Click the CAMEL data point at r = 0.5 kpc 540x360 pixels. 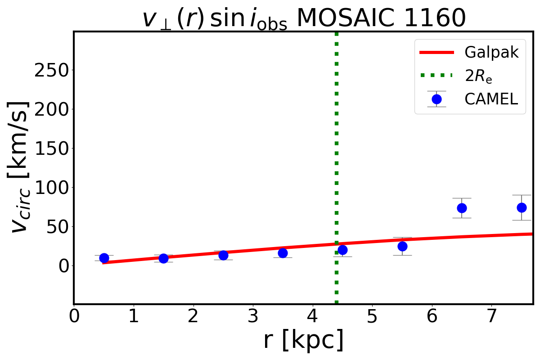(x=104, y=258)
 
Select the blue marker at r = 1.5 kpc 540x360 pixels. (x=163, y=258)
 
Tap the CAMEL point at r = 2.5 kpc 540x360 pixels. (x=223, y=255)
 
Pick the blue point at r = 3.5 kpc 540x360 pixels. (x=283, y=253)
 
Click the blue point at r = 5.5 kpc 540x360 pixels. (x=402, y=246)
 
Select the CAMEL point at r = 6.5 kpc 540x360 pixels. (x=462, y=208)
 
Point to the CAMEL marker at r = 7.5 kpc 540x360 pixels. (x=522, y=207)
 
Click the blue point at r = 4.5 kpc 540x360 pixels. (x=342, y=250)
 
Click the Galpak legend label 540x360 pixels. (x=491, y=52)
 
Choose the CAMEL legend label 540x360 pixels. (x=491, y=99)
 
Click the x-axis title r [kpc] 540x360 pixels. (x=303, y=340)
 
